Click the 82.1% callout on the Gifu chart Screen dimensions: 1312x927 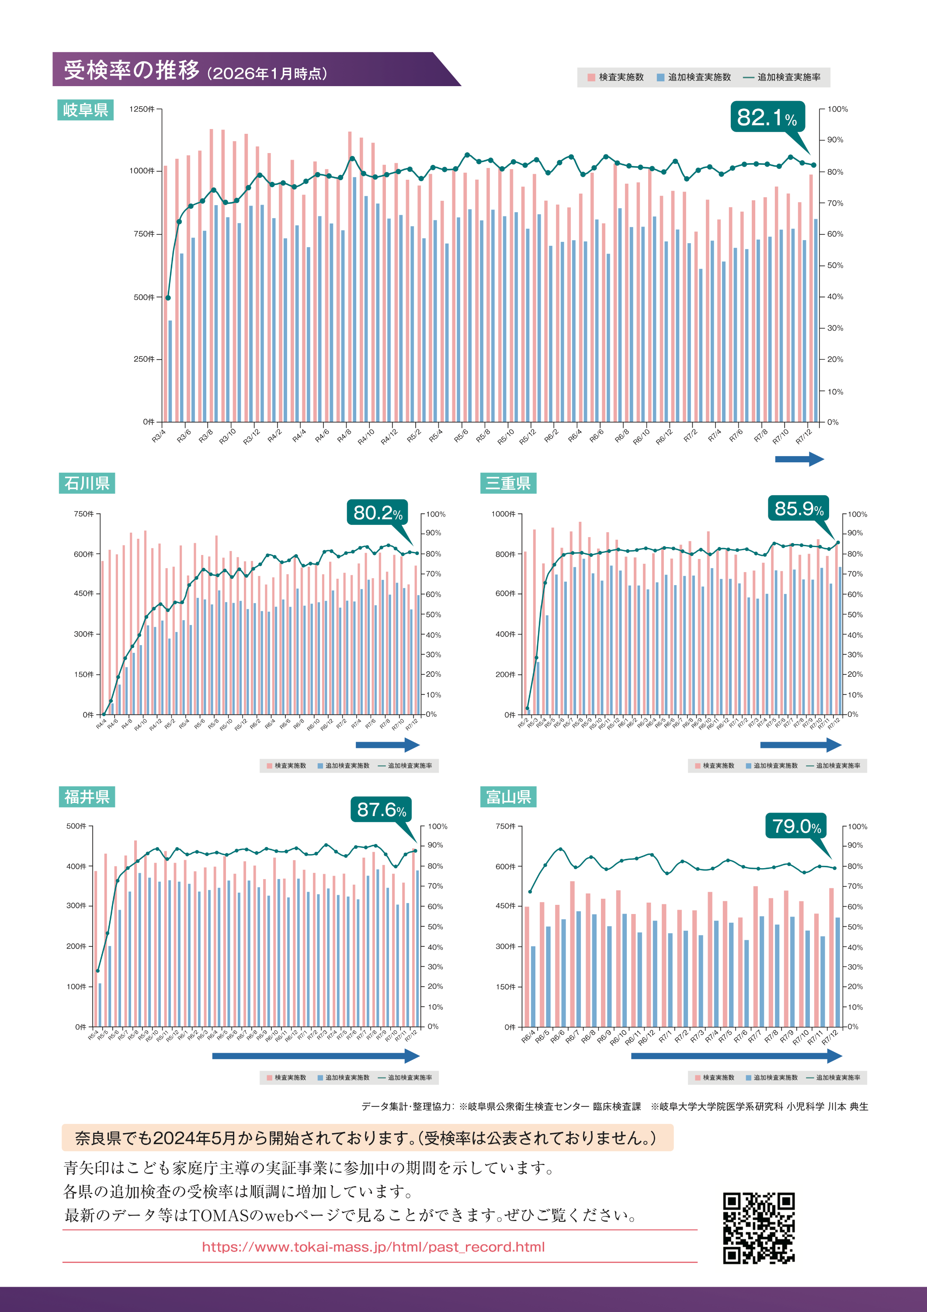click(767, 117)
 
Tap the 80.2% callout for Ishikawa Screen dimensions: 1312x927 click(377, 513)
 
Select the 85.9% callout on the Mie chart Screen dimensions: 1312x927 click(799, 509)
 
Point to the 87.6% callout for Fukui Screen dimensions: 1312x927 click(381, 809)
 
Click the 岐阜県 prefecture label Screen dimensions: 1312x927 click(86, 110)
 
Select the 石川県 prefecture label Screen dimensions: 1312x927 click(87, 483)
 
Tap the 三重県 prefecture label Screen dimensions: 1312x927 click(508, 483)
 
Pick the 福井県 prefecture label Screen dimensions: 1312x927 click(87, 796)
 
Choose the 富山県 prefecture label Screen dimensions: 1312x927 click(508, 796)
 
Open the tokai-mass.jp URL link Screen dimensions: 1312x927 click(373, 1246)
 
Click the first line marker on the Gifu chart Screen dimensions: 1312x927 click(168, 298)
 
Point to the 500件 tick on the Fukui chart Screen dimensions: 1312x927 click(76, 826)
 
